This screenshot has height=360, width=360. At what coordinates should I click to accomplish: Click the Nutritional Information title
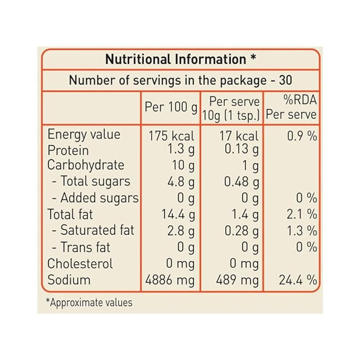point(175,59)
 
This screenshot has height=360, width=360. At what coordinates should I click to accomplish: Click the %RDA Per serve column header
point(291,108)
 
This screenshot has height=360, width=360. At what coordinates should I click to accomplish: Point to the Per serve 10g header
point(232,108)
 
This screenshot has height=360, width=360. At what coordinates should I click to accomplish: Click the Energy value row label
point(84,135)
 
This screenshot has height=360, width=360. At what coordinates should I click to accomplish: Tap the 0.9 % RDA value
point(302,136)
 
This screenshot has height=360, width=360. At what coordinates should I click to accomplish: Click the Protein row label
point(68,151)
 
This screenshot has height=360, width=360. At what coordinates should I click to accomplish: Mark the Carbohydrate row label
point(85,165)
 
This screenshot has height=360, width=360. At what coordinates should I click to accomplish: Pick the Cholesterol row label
point(80,264)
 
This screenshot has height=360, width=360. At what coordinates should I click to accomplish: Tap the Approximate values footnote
point(90,302)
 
